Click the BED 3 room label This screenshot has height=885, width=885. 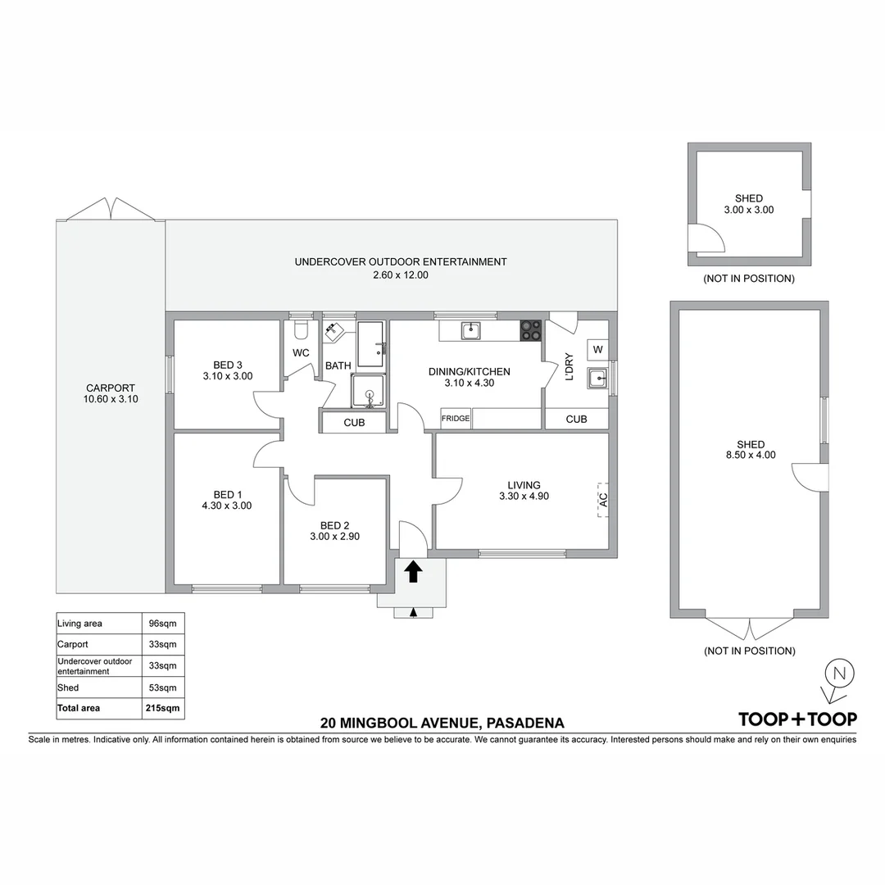pyautogui.click(x=228, y=365)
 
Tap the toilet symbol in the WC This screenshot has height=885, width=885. pyautogui.click(x=300, y=329)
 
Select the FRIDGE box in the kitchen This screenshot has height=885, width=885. pyautogui.click(x=456, y=418)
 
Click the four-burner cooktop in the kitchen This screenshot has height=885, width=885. pyautogui.click(x=531, y=330)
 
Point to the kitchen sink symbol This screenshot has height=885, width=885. pyautogui.click(x=470, y=331)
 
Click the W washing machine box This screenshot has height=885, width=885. pyautogui.click(x=597, y=350)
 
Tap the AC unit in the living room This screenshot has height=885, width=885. pyautogui.click(x=602, y=497)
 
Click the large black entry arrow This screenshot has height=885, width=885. pyautogui.click(x=413, y=571)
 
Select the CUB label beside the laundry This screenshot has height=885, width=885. pyautogui.click(x=576, y=419)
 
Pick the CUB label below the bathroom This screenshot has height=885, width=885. pyautogui.click(x=354, y=423)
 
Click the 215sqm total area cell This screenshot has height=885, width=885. pyautogui.click(x=163, y=708)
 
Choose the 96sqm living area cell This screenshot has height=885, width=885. pyautogui.click(x=163, y=624)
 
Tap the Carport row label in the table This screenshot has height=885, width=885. pyautogui.click(x=73, y=644)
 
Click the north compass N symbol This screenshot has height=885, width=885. pyautogui.click(x=838, y=674)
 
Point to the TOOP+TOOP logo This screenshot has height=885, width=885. pyautogui.click(x=797, y=719)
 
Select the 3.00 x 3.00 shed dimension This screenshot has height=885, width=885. pyautogui.click(x=748, y=210)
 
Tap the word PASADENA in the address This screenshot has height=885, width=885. pyautogui.click(x=525, y=724)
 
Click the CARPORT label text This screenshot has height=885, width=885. pyautogui.click(x=111, y=388)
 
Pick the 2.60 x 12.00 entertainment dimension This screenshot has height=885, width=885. pyautogui.click(x=401, y=275)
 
